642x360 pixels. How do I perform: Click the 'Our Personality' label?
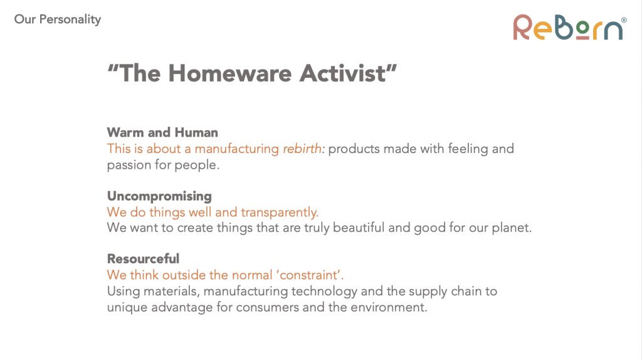pyautogui.click(x=57, y=19)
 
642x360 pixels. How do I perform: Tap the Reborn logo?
pyautogui.click(x=569, y=28)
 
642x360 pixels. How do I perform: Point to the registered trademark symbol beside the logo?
pyautogui.click(x=624, y=20)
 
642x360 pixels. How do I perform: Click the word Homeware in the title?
pyautogui.click(x=230, y=73)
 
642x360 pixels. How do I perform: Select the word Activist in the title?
pyautogui.click(x=343, y=73)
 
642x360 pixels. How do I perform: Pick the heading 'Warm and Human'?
pyautogui.click(x=162, y=133)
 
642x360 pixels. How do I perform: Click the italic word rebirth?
pyautogui.click(x=302, y=149)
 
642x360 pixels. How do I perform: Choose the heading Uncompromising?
pyautogui.click(x=159, y=196)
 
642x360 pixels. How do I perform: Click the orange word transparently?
pyautogui.click(x=279, y=213)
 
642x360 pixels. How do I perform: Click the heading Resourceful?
pyautogui.click(x=144, y=259)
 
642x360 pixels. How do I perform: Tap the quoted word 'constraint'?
pyautogui.click(x=310, y=275)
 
